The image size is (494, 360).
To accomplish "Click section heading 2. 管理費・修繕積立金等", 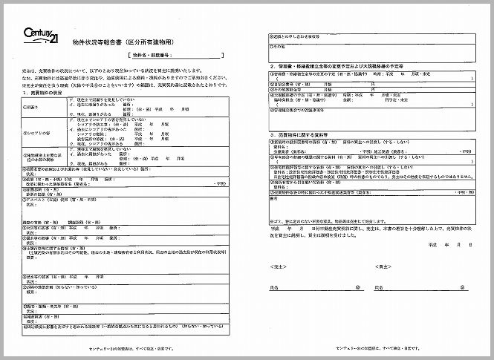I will coord(334,65).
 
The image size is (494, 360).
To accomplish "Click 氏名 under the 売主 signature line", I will coord(276,286).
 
